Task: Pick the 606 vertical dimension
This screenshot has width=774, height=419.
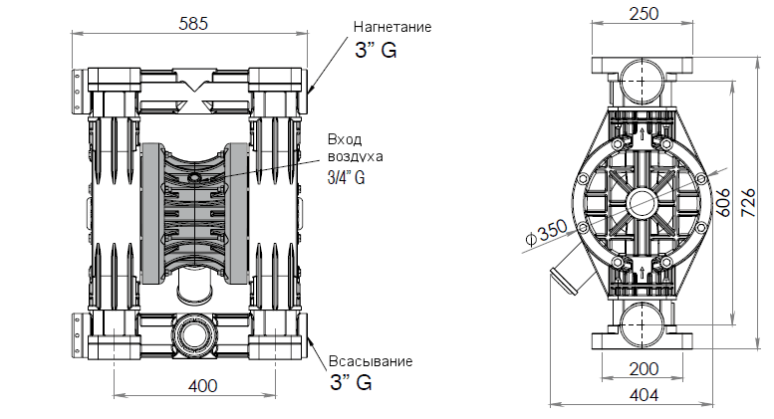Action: (x=723, y=202)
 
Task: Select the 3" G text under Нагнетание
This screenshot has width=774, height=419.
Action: (x=376, y=51)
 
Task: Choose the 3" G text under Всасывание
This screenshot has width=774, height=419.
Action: (x=351, y=383)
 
